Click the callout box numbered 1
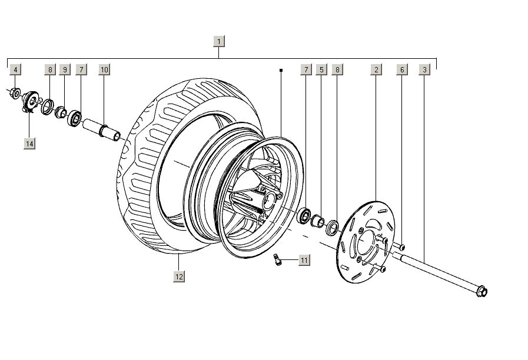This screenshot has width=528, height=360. (219, 41)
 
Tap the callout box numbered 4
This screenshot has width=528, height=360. (15, 69)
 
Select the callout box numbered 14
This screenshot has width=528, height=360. (29, 144)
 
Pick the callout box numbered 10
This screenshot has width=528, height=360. (104, 69)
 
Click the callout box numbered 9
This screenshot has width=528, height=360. (65, 69)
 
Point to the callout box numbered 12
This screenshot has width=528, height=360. (179, 276)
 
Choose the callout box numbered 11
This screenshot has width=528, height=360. (304, 260)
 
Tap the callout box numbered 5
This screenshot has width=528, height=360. (321, 69)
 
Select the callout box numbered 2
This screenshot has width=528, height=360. (376, 69)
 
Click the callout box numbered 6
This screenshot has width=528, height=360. (402, 69)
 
